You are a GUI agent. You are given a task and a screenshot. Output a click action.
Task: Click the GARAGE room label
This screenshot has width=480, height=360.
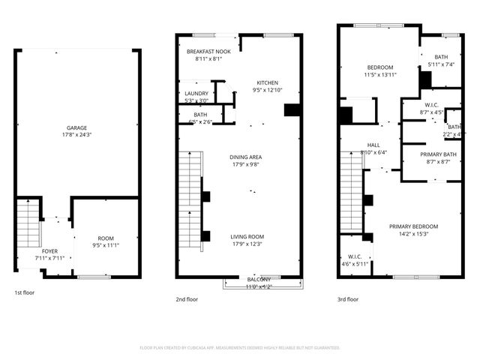[x=76, y=128]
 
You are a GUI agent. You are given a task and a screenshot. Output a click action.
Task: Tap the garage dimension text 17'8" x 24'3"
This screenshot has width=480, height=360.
[x=76, y=136]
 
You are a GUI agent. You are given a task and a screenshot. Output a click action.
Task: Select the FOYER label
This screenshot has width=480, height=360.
[x=49, y=251]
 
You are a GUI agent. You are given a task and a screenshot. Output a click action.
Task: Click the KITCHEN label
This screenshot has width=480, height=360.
[x=268, y=82]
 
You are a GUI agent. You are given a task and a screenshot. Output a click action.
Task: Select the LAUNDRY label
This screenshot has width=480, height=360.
[x=197, y=94]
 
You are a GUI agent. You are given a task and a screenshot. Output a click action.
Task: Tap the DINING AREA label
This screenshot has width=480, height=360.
[x=245, y=157]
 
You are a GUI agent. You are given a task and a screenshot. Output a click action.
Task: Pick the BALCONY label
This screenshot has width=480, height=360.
[x=260, y=279]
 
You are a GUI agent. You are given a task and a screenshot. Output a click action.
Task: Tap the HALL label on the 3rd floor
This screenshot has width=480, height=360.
[x=373, y=145]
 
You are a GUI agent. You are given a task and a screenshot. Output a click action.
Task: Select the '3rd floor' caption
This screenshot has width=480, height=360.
[x=348, y=298]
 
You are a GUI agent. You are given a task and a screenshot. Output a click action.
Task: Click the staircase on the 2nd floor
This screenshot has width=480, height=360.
[x=190, y=184]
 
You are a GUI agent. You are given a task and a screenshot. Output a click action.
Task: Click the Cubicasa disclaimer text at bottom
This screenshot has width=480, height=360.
[x=240, y=348]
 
